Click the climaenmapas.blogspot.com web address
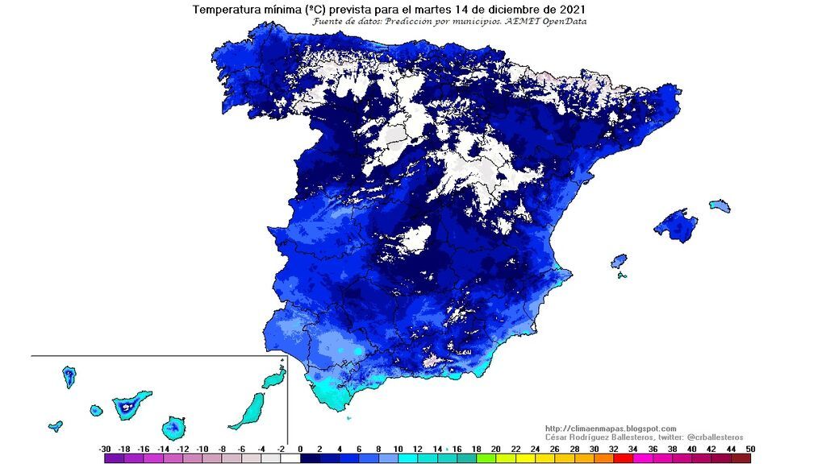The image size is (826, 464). tap(611, 429)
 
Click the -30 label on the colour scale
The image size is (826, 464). tap(105, 448)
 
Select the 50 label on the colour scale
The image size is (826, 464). tap(751, 448)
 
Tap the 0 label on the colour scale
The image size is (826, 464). tap(300, 448)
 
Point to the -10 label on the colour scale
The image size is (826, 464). tap(202, 448)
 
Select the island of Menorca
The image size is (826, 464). tap(720, 207)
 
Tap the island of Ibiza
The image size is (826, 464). tap(619, 262)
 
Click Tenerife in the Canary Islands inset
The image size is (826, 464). tap(129, 404)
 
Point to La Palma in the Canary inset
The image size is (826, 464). tap(69, 376)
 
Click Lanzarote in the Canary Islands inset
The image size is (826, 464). tap(274, 375)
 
